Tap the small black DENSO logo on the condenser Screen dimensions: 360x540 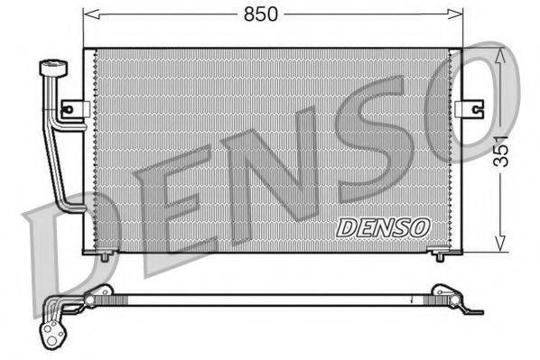383,228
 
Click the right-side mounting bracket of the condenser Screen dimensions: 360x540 469,108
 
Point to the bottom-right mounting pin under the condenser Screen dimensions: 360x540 440,255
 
